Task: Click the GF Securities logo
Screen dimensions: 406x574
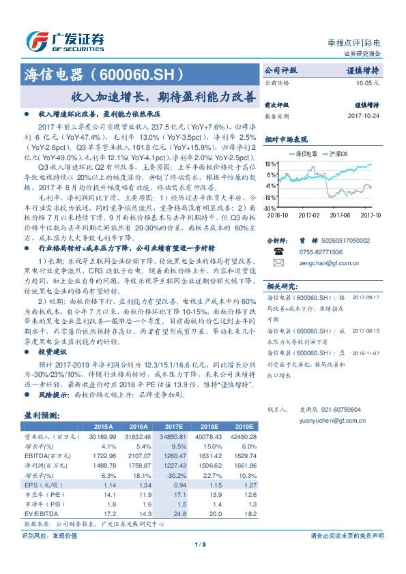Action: (x=64, y=40)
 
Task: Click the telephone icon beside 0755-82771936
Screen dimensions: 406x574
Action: (x=278, y=251)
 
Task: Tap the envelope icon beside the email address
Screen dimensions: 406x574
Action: (x=278, y=262)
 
